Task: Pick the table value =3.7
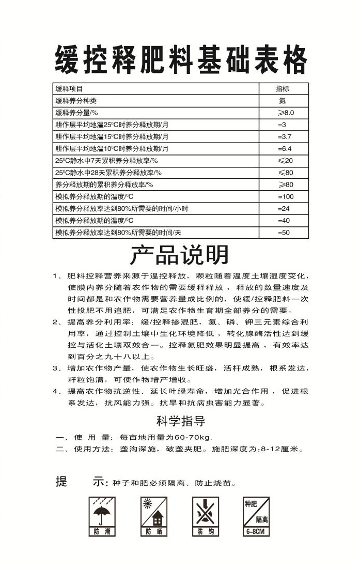285,136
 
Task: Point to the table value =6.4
285,148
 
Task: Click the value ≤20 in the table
285,161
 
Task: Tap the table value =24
284,208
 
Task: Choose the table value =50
284,233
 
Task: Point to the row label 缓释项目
69,88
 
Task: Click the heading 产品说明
179,255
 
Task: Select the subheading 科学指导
180,421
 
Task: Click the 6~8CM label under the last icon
256,531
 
